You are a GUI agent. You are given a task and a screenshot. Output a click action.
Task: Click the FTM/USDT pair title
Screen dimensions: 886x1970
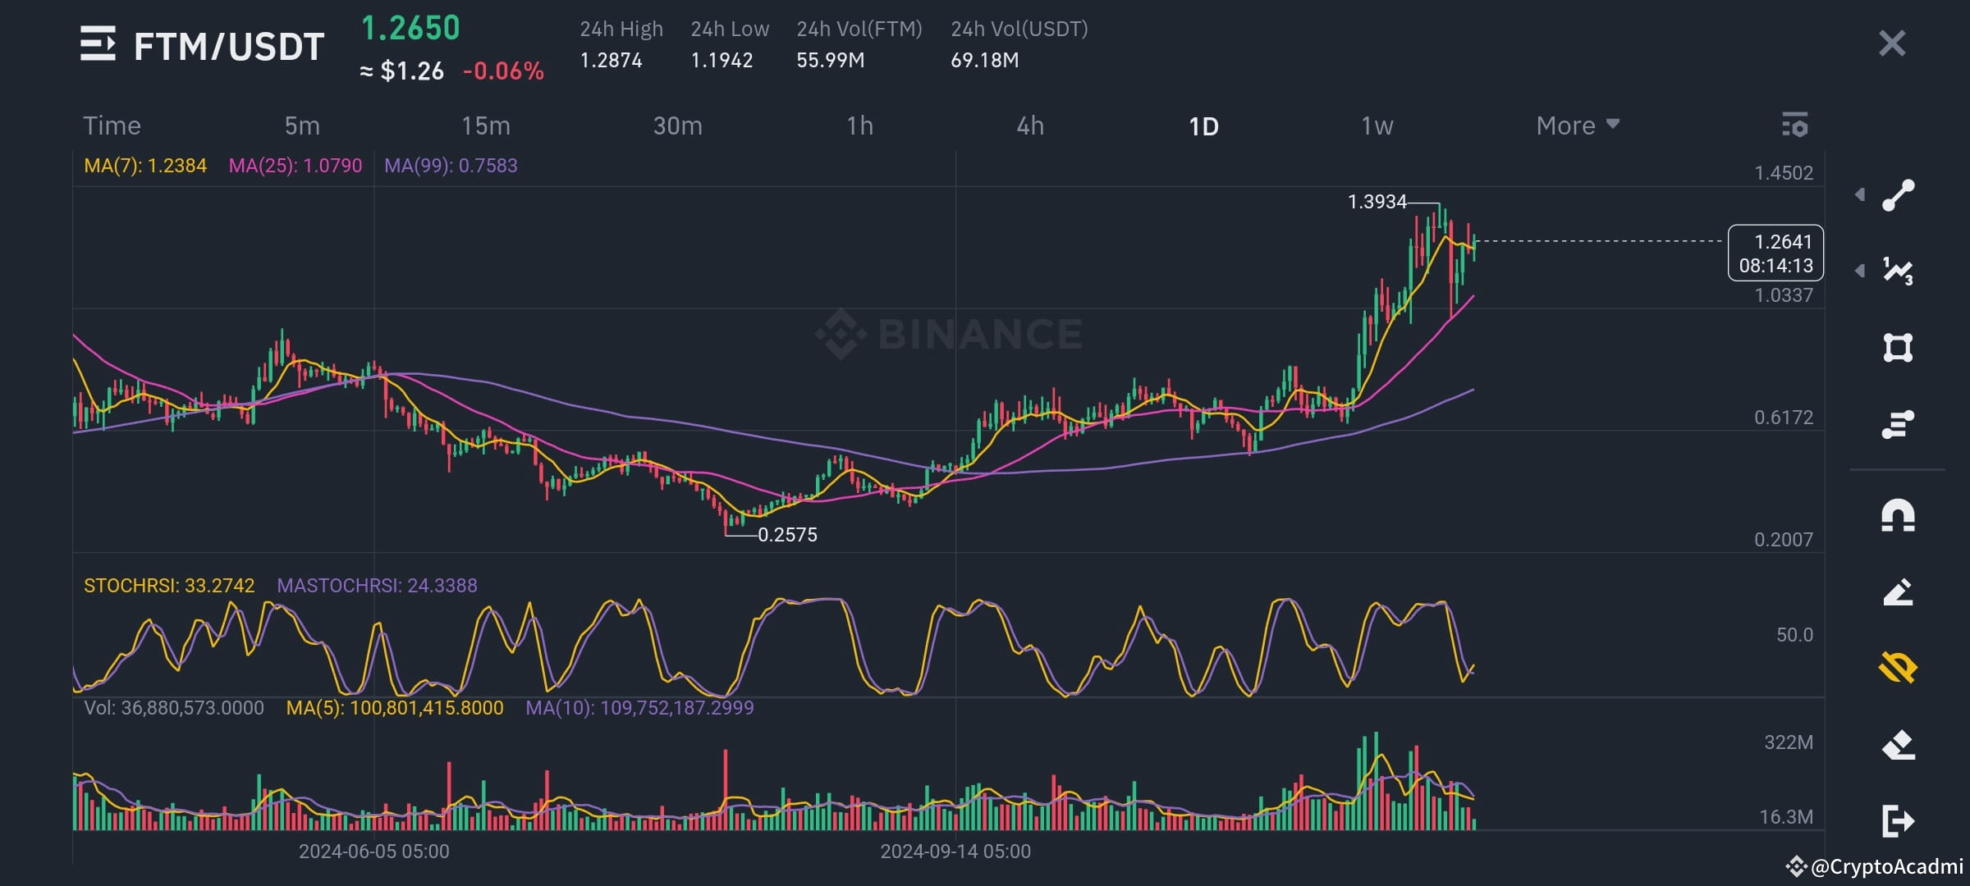[x=229, y=46]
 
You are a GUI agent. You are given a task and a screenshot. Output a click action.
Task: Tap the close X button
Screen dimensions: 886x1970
[x=1891, y=43]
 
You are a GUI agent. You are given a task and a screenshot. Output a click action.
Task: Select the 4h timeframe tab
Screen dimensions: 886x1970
[x=1030, y=126]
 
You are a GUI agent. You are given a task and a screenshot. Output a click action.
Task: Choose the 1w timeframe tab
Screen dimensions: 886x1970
[x=1377, y=126]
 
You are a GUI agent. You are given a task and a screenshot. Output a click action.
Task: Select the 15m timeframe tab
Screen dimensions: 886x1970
[x=485, y=126]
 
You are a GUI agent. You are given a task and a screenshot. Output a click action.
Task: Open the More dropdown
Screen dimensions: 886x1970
[x=1577, y=126]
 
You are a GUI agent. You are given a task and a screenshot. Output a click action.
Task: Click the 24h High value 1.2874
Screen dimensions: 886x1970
[x=611, y=60]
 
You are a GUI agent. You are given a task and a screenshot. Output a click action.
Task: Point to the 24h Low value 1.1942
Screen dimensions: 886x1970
[x=722, y=60]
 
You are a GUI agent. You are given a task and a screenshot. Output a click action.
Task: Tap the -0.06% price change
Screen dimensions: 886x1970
[x=503, y=71]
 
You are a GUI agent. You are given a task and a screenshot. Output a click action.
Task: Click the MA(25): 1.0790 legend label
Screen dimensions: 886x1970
[x=295, y=166]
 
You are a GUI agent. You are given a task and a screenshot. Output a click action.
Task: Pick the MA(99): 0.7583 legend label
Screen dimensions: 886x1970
[x=451, y=166]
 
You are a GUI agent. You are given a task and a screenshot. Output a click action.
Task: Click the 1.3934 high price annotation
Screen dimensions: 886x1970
[x=1377, y=202]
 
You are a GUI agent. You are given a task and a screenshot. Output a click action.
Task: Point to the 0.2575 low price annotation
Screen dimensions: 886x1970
[x=787, y=535]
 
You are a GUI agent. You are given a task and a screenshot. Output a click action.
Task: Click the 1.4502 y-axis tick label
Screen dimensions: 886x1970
[x=1783, y=173]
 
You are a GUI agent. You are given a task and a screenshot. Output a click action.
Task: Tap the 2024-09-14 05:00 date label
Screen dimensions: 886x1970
[x=955, y=852]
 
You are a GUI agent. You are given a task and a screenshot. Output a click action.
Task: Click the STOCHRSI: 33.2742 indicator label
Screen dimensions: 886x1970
[x=169, y=586]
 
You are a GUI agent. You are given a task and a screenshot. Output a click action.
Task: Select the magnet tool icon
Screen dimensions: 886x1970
[x=1898, y=516]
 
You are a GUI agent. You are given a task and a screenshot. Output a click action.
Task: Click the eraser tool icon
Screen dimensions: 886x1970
[x=1898, y=745]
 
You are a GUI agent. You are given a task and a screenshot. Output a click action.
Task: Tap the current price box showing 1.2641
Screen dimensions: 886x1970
[x=1775, y=253]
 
